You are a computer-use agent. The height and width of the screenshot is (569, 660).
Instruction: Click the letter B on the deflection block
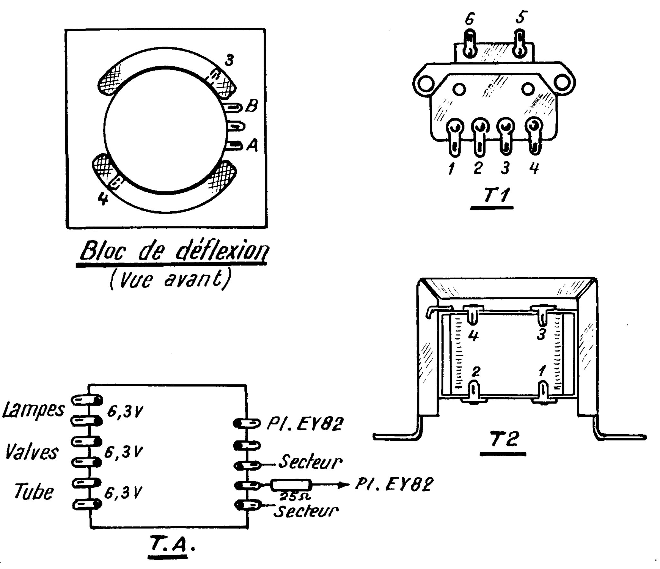coord(251,106)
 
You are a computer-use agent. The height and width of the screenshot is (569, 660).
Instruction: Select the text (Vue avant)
coord(170,279)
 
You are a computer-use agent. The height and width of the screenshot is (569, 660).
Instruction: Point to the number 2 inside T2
coord(475,372)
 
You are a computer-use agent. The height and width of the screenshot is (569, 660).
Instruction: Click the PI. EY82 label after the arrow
coord(394,484)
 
